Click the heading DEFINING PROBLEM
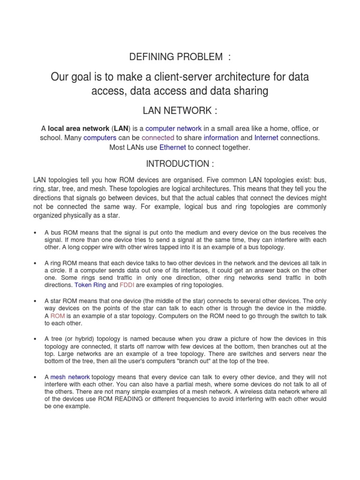tap(180, 57)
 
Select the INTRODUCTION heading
tap(180, 164)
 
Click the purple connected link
tap(157, 138)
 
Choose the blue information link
tap(221, 138)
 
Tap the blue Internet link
tap(266, 138)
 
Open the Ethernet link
tap(172, 147)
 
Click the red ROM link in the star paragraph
tap(58, 316)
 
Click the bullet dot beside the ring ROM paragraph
tap(36, 263)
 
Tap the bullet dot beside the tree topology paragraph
tap(36, 339)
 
